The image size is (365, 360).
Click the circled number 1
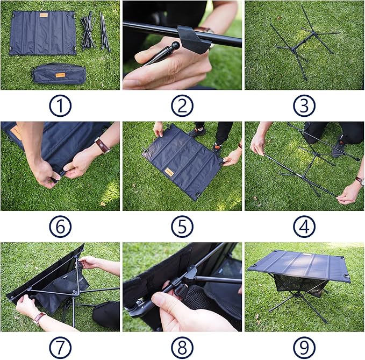click(60, 106)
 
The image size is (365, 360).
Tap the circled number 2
click(182, 106)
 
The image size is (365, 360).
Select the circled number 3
click(304, 106)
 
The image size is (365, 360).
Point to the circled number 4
click(304, 227)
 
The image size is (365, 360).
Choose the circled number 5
click(182, 227)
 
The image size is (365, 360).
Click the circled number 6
click(60, 227)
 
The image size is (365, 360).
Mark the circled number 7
click(60, 347)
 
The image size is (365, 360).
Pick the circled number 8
click(182, 347)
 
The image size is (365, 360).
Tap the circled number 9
click(304, 347)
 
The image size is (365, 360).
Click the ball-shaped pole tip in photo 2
click(175, 46)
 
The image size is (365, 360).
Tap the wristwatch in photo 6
click(102, 145)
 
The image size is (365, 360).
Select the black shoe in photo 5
click(197, 131)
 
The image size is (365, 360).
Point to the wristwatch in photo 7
click(39, 317)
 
